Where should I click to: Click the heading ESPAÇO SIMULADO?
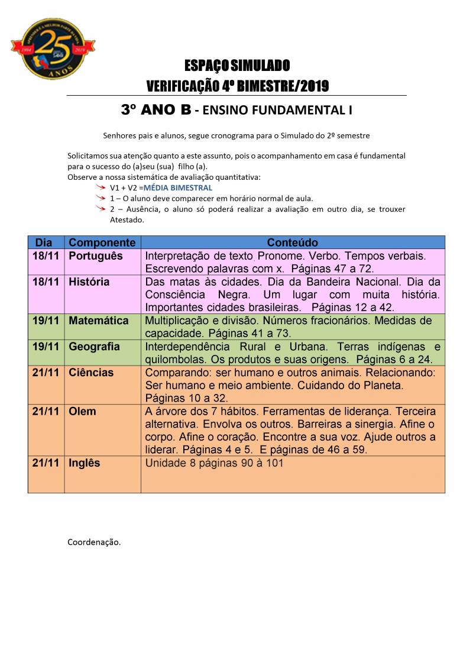point(237,65)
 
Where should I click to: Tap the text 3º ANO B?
point(155,110)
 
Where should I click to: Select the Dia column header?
point(44,243)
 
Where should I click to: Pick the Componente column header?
point(102,243)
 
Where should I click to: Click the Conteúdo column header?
point(292,243)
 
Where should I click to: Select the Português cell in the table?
point(96,256)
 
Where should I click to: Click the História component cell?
point(89,282)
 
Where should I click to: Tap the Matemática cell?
point(98,321)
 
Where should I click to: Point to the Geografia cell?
point(94,347)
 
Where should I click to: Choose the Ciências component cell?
point(91,373)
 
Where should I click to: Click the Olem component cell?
point(82,411)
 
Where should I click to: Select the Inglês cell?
point(85,463)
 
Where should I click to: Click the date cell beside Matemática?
point(46,321)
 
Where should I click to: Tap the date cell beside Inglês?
point(46,463)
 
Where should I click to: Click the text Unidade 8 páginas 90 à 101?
point(214,463)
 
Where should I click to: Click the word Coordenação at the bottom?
point(94,541)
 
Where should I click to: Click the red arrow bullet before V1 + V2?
point(101,187)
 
